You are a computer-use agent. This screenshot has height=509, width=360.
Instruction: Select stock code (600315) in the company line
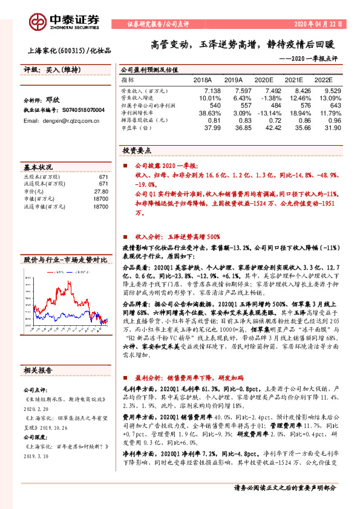click(76, 51)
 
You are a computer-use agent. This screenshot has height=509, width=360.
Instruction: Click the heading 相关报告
click(38, 370)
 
